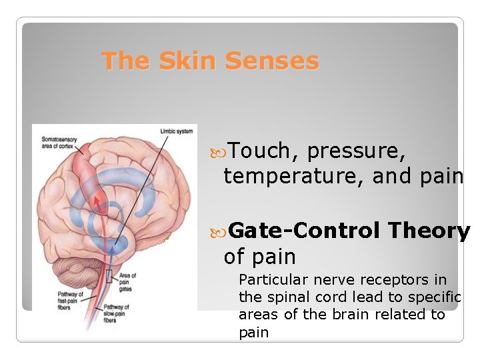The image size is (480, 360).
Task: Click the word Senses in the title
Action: click(x=272, y=61)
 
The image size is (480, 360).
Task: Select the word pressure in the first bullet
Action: click(x=356, y=151)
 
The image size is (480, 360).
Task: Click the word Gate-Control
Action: click(x=305, y=231)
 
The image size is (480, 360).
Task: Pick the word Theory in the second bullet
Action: click(x=429, y=231)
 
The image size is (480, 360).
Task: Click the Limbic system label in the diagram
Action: click(x=176, y=131)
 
